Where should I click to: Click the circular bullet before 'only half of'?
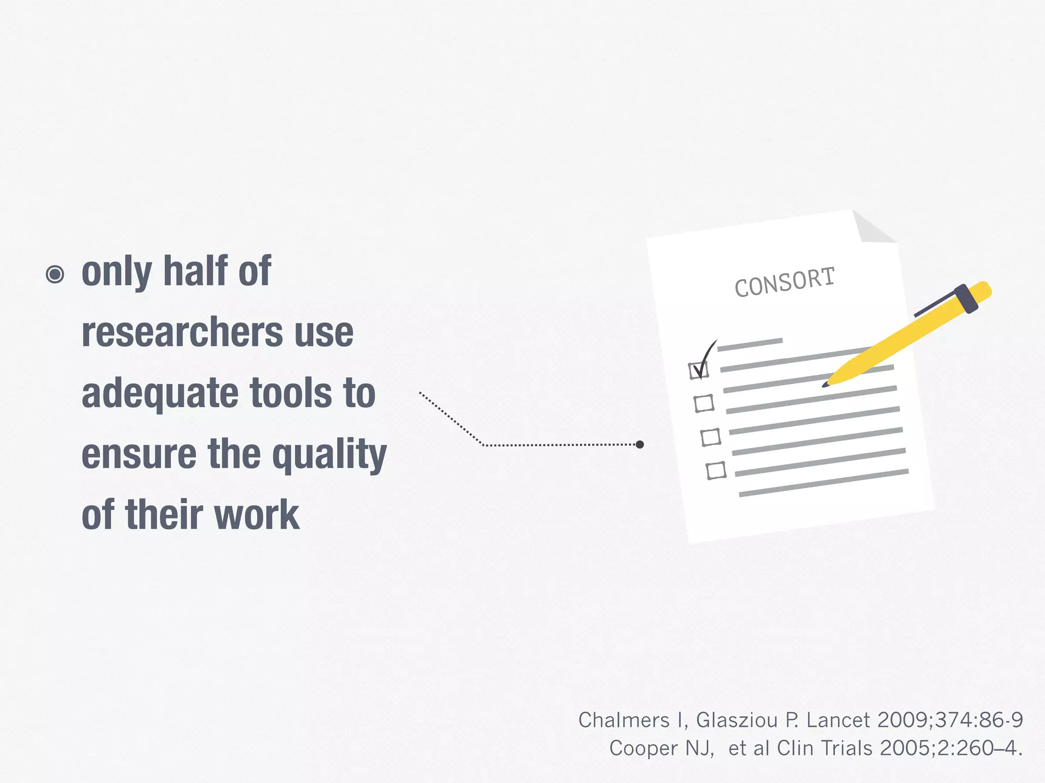click(55, 274)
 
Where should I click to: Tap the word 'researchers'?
click(182, 332)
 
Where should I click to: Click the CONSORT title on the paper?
click(784, 282)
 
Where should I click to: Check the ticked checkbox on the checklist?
click(699, 370)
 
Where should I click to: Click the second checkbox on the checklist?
click(704, 403)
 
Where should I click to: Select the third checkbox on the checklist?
click(710, 437)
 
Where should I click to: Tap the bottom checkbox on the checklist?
click(716, 470)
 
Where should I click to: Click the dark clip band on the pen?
click(966, 299)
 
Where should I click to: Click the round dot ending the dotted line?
click(640, 445)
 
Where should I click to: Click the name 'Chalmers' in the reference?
click(624, 720)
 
